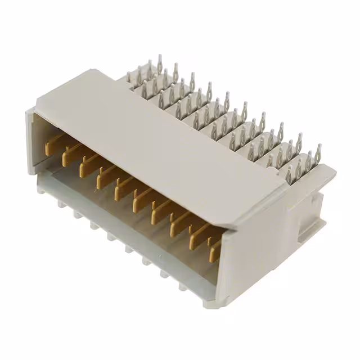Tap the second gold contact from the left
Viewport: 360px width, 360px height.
pyautogui.click(x=68, y=154)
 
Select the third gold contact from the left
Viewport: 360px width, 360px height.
pyautogui.click(x=85, y=163)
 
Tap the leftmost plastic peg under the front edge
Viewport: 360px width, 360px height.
pyautogui.click(x=61, y=206)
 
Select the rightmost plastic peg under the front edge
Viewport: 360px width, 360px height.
pyautogui.click(x=183, y=287)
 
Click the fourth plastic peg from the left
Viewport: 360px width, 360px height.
pyautogui.click(x=112, y=239)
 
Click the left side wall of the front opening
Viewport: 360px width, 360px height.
pyautogui.click(x=30, y=141)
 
